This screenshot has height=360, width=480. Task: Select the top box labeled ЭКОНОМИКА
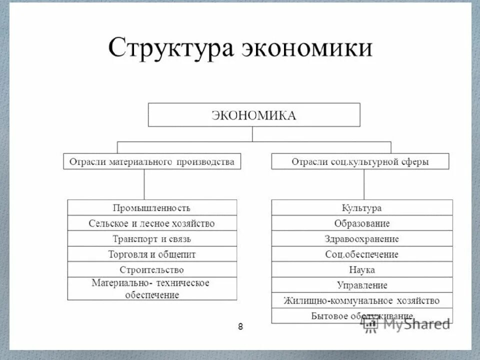[254, 115]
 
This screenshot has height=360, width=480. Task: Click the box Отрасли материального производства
[151, 161]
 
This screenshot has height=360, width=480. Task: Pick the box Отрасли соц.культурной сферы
[360, 161]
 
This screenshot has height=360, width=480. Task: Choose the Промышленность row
[152, 208]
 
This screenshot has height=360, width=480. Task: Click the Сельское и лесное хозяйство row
[152, 223]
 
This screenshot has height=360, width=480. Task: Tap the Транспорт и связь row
[152, 239]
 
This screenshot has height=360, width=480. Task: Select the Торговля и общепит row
[152, 254]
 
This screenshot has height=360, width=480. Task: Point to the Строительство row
[152, 269]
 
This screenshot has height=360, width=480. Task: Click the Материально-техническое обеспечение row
[152, 288]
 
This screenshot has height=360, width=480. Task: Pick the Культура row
[362, 208]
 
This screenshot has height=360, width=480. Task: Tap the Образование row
[362, 223]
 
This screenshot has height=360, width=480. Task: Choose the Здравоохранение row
[362, 239]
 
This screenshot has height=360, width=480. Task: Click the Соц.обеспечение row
[362, 254]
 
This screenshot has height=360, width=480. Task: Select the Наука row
[362, 270]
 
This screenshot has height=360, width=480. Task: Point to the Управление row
[362, 285]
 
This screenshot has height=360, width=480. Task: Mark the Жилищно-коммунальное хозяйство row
[362, 301]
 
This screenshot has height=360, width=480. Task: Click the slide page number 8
[240, 327]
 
